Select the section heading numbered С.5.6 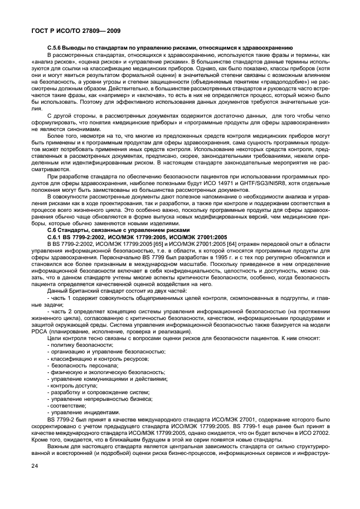pyautogui.click(x=57, y=48)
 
